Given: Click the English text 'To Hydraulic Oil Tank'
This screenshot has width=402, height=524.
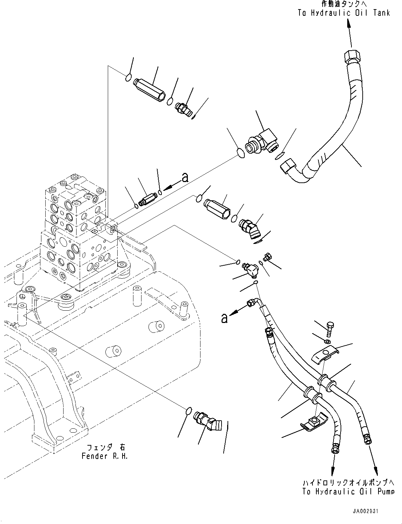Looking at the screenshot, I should [x=344, y=13].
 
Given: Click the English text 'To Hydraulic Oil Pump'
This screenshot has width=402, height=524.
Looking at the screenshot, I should [x=348, y=492].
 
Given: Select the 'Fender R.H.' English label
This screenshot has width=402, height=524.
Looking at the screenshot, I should [x=105, y=456].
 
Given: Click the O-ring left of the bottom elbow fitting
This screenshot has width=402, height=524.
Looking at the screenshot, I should [x=189, y=410].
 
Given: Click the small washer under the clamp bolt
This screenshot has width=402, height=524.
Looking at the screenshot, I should [x=327, y=341].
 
